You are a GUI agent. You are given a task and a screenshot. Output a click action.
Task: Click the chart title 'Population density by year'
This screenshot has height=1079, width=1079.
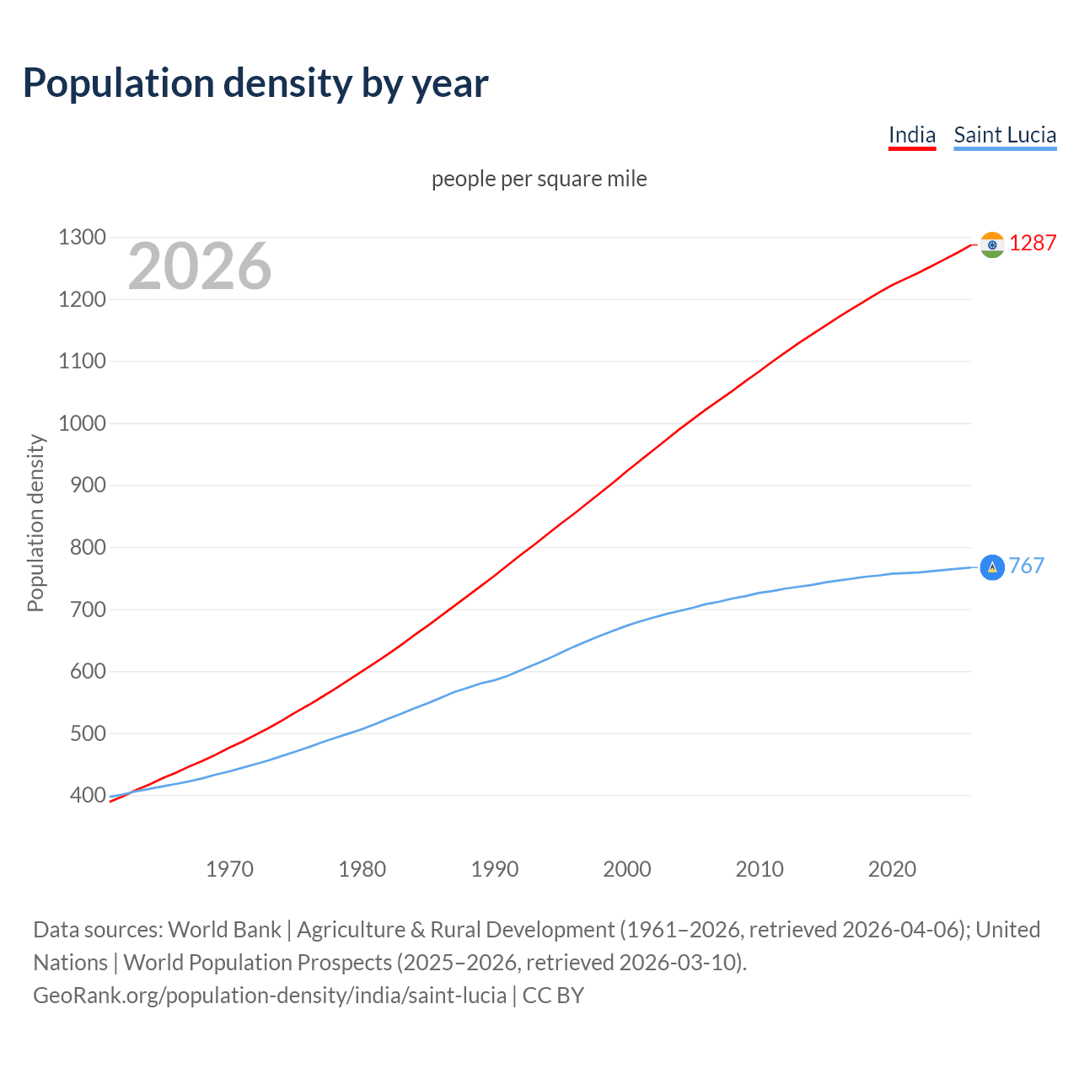click(x=255, y=83)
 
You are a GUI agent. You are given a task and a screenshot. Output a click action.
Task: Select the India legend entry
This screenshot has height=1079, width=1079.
click(x=912, y=135)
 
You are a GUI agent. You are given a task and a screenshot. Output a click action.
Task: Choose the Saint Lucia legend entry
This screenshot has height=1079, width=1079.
click(x=1005, y=135)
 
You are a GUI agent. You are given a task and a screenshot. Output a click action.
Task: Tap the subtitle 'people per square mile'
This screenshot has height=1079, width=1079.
click(x=539, y=179)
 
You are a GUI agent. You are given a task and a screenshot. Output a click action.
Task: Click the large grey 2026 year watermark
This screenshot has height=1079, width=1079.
click(x=200, y=266)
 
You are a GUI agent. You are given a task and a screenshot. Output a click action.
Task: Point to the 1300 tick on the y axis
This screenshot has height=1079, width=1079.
click(x=82, y=238)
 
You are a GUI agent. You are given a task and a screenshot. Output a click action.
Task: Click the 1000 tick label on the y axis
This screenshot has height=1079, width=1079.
click(x=82, y=423)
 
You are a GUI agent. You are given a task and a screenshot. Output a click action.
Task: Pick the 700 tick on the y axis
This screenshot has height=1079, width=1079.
click(x=87, y=609)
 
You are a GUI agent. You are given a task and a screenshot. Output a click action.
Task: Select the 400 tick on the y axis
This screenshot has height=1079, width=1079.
click(x=87, y=795)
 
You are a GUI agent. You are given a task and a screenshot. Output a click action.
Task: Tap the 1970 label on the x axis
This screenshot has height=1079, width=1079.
click(x=229, y=869)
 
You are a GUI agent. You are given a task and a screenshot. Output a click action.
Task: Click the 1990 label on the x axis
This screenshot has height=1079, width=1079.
click(x=495, y=869)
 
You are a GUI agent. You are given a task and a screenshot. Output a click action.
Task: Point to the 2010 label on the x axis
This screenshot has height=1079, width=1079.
click(x=760, y=869)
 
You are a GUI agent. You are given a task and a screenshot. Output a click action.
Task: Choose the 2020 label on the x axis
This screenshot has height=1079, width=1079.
click(x=892, y=869)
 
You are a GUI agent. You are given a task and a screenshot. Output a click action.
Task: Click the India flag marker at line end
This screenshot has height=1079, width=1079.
click(x=992, y=244)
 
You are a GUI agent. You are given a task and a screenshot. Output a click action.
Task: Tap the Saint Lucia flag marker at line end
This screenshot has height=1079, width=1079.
click(x=992, y=567)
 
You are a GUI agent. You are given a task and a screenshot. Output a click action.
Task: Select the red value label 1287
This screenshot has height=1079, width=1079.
click(x=1033, y=244)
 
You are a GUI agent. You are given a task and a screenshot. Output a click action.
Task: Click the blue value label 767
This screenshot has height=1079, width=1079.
click(x=1027, y=566)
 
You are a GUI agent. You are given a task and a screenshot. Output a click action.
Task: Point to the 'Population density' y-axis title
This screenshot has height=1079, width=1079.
click(x=35, y=523)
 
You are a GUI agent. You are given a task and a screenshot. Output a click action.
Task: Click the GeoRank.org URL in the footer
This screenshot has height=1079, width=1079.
click(x=270, y=996)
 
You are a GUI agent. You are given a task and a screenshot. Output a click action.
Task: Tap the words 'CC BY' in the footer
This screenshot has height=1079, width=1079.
click(x=553, y=996)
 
